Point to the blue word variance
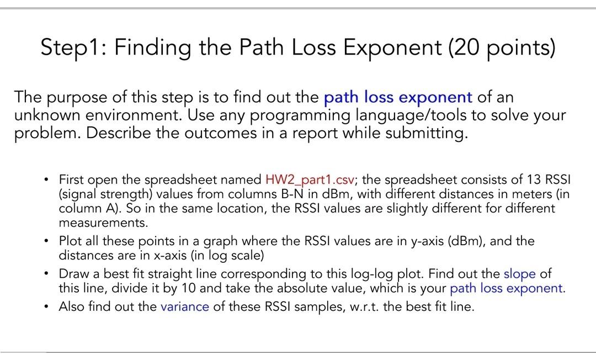(x=184, y=307)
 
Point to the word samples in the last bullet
(x=315, y=307)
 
